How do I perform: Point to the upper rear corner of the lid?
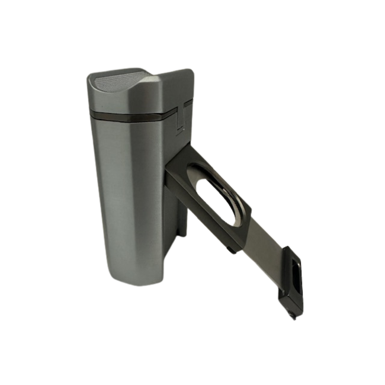click(193, 70)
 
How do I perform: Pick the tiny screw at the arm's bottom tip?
click(291, 310)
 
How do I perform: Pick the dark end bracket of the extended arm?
click(293, 278)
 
